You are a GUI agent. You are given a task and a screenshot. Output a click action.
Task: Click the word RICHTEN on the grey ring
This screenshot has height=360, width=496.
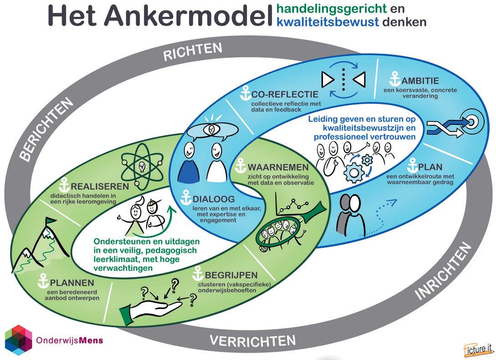point(193,52)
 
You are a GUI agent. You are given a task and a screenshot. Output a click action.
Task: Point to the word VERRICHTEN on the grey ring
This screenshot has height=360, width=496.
point(252,340)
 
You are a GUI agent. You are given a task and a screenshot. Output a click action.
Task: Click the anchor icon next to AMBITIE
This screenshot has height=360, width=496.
point(395,79)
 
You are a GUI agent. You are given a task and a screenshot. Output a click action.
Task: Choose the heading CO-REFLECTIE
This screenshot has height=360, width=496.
point(286,94)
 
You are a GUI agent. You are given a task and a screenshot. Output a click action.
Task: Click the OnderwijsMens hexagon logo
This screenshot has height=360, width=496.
point(18,340)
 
